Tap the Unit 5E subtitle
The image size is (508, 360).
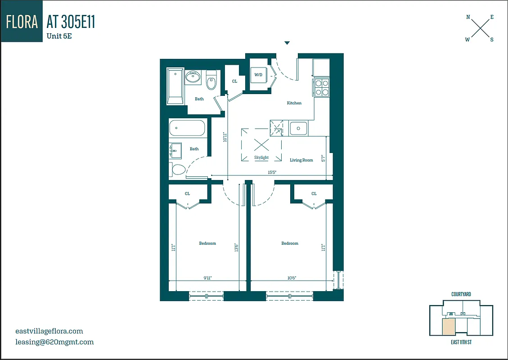pyautogui.click(x=59, y=36)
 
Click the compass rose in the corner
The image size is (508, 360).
pyautogui.click(x=480, y=28)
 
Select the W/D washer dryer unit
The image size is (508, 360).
pyautogui.click(x=259, y=75)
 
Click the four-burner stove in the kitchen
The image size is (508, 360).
pyautogui.click(x=322, y=87)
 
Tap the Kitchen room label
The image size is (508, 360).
pyautogui.click(x=294, y=103)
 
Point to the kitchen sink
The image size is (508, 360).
pyautogui.click(x=298, y=129)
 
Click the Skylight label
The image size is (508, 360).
pyautogui.click(x=261, y=157)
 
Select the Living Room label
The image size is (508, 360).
pyautogui.click(x=301, y=160)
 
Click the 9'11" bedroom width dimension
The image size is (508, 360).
pyautogui.click(x=207, y=278)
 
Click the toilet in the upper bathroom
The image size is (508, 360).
pyautogui.click(x=211, y=81)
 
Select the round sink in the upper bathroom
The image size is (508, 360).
pyautogui.click(x=193, y=77)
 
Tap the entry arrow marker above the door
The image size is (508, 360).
pyautogui.click(x=287, y=43)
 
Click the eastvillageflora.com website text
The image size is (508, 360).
pyautogui.click(x=49, y=331)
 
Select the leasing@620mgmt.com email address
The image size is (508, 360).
pyautogui.click(x=54, y=342)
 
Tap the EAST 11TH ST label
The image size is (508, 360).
pyautogui.click(x=461, y=342)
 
